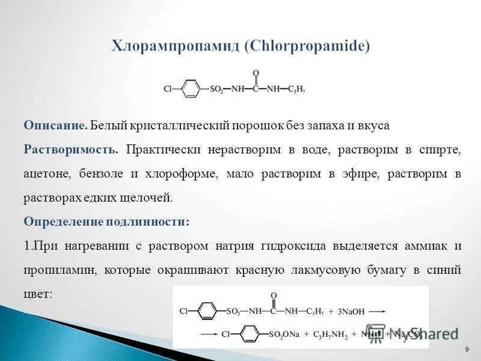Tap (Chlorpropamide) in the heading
coord(307,46)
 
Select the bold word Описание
coord(56,125)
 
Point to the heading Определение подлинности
coord(106,221)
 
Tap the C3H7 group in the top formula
coord(296,90)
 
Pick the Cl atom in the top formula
coord(168,90)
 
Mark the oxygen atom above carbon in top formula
coord(256,73)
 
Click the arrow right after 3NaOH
coord(377,312)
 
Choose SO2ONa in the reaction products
coord(286,333)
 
